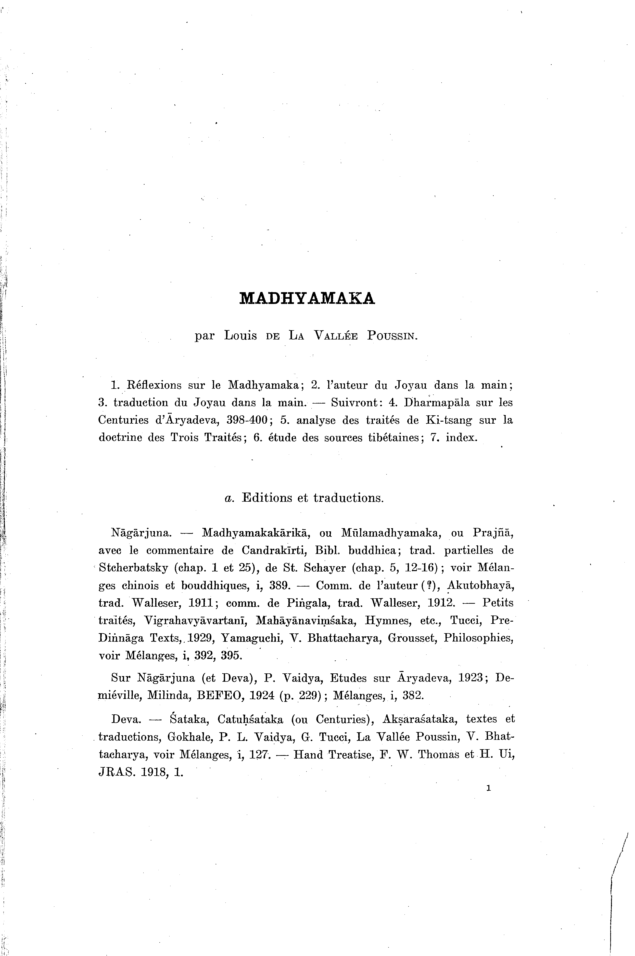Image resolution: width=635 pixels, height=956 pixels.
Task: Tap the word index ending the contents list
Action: (x=462, y=438)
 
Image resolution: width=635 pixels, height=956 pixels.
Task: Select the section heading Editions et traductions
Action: (x=312, y=498)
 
